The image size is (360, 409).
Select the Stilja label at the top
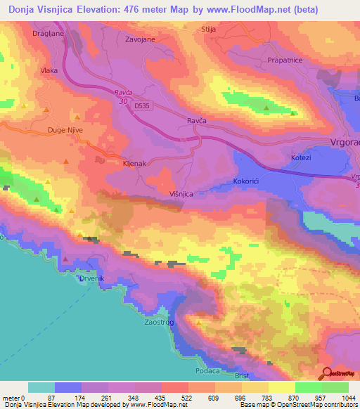click(x=207, y=30)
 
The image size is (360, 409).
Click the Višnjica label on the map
click(x=181, y=193)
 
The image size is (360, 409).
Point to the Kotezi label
click(x=301, y=158)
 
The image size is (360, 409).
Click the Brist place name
click(x=242, y=376)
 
